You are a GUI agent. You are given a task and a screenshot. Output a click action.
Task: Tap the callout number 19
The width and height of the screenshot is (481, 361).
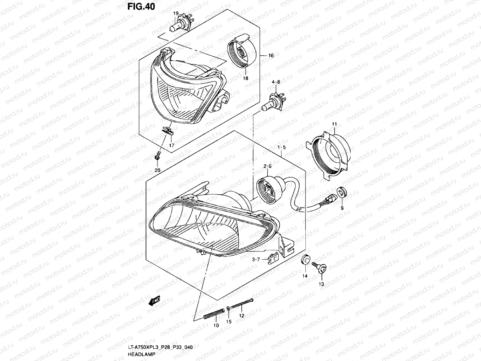point(176,14)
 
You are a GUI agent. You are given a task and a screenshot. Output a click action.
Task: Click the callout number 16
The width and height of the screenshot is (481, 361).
point(271,56)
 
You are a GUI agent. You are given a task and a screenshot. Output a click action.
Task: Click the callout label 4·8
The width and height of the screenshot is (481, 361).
point(276,82)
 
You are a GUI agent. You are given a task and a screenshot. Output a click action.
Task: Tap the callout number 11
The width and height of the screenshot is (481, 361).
point(335,124)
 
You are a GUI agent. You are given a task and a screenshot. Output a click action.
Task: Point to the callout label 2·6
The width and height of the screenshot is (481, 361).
point(268,166)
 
